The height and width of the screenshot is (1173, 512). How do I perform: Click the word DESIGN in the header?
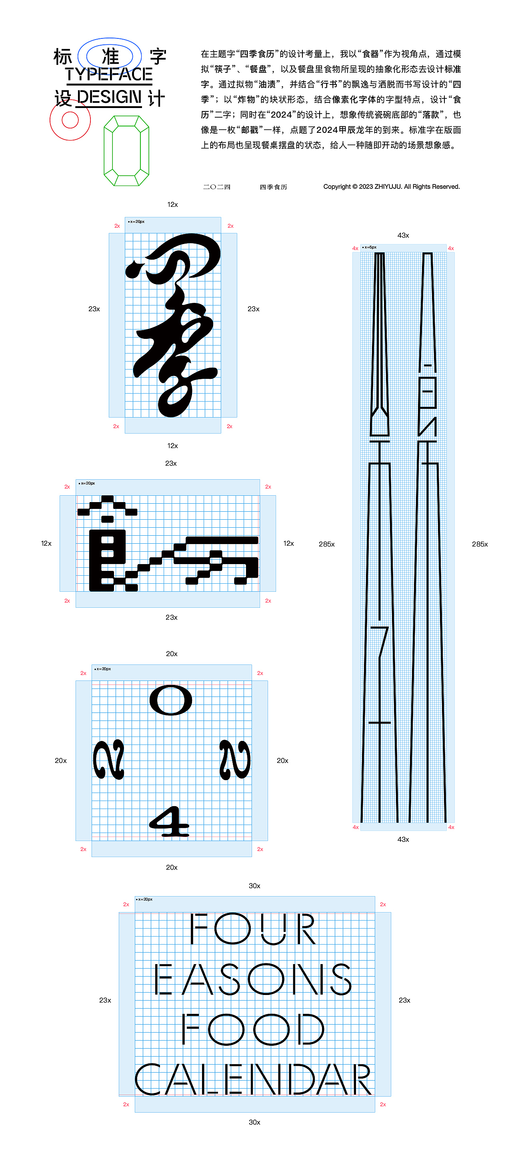[109, 97]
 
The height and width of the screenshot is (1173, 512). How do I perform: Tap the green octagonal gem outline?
[126, 151]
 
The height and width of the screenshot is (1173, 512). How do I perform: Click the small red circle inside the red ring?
[70, 120]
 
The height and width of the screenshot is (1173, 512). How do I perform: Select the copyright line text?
[391, 187]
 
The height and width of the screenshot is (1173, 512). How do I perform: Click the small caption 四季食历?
[273, 187]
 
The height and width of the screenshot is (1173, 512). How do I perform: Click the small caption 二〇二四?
[217, 187]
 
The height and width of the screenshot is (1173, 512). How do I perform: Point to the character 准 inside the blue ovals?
[110, 56]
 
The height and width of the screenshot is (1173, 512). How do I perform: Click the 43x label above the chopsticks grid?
[403, 235]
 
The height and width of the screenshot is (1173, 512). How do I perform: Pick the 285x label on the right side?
[479, 544]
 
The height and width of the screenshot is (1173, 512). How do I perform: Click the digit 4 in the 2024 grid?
[169, 822]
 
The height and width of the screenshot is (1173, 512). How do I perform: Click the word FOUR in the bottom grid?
[252, 929]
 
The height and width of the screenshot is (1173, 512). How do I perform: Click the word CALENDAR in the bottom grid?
[253, 1080]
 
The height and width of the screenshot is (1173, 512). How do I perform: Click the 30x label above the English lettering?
[254, 886]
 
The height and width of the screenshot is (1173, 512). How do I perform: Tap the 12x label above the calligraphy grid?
[172, 204]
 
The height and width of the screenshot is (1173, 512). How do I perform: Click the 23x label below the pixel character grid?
[172, 617]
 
